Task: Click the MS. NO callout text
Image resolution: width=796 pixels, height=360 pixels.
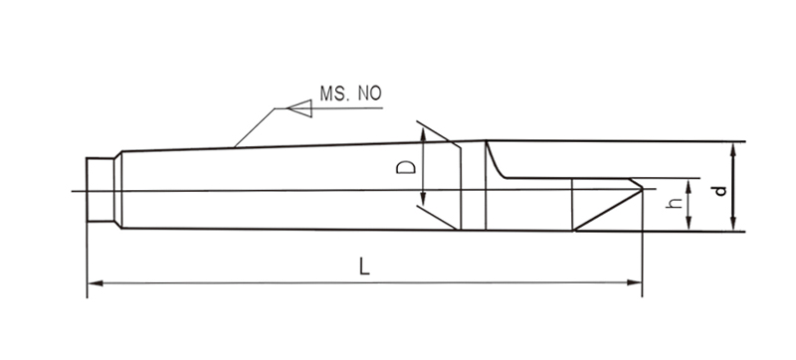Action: pos(350,93)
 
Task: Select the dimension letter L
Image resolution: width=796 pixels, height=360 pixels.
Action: pos(364,267)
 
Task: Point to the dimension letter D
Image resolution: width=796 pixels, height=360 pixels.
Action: pos(406,167)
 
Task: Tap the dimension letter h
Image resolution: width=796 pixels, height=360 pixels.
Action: pos(675,203)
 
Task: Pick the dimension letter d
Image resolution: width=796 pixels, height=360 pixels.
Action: pos(719,191)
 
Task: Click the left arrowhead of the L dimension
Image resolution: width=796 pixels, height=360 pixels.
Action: pos(96,283)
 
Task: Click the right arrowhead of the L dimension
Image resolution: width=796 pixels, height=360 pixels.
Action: pos(635,282)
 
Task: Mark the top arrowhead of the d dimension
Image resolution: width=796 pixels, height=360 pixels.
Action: pos(733,150)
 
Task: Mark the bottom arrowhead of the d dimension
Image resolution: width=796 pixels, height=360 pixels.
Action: pos(733,223)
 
